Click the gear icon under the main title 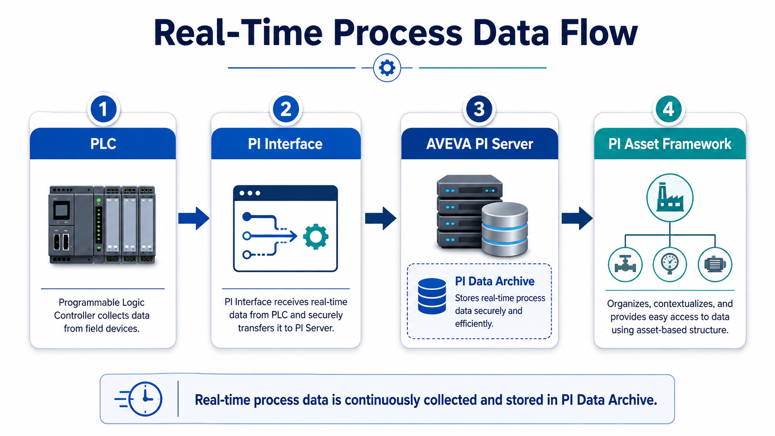pyautogui.click(x=387, y=68)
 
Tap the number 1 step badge pyautogui.click(x=103, y=109)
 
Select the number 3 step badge pyautogui.click(x=479, y=109)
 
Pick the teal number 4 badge pyautogui.click(x=668, y=109)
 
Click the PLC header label pyautogui.click(x=103, y=144)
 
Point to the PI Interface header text pyautogui.click(x=285, y=144)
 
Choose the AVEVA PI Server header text pyautogui.click(x=480, y=144)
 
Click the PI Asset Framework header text pyautogui.click(x=670, y=144)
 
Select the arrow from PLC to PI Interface pyautogui.click(x=194, y=218)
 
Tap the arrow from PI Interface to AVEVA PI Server pyautogui.click(x=381, y=218)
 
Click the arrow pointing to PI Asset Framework pyautogui.click(x=577, y=218)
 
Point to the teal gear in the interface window pyautogui.click(x=316, y=236)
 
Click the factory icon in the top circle pyautogui.click(x=670, y=197)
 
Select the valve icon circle pyautogui.click(x=625, y=265)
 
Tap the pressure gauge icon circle pyautogui.click(x=670, y=265)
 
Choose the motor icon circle pyautogui.click(x=715, y=265)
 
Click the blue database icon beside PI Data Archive pyautogui.click(x=432, y=296)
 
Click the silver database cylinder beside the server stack pyautogui.click(x=504, y=229)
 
